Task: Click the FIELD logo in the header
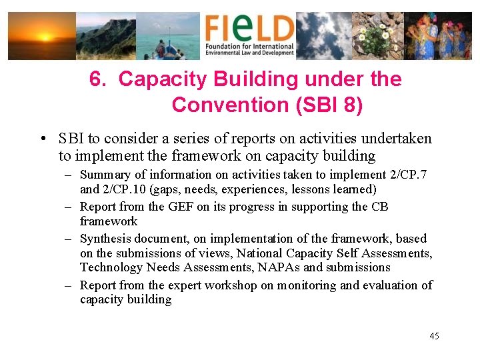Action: coord(249,35)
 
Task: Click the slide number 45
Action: coord(434,336)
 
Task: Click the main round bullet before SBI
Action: coord(42,139)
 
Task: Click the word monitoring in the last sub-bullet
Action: coord(307,285)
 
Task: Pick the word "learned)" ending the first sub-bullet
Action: coord(353,189)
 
